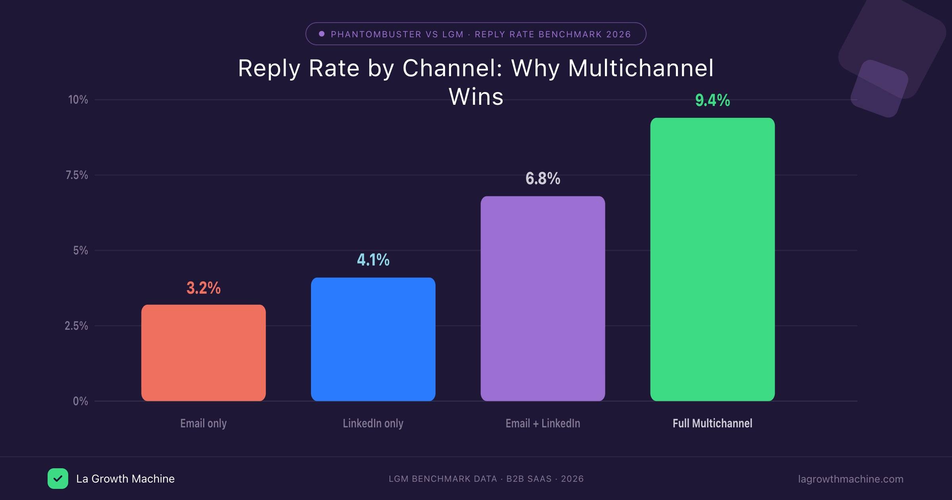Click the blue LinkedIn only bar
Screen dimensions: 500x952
(x=373, y=339)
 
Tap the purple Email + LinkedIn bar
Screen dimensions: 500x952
(x=543, y=298)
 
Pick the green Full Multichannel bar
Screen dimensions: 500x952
(x=712, y=259)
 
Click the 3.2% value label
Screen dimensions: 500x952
(x=203, y=288)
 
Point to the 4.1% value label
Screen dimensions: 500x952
(x=373, y=260)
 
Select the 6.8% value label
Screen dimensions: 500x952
(x=543, y=179)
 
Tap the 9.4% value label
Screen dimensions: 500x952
(x=712, y=100)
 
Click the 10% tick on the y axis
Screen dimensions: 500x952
(x=78, y=100)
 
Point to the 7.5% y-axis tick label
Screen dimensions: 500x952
(x=77, y=175)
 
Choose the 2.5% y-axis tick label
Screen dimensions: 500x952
(x=77, y=326)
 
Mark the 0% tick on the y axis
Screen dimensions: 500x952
(x=81, y=401)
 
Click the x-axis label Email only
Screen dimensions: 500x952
(x=203, y=423)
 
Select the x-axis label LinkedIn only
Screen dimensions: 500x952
(x=373, y=423)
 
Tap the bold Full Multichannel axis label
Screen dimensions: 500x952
(x=712, y=423)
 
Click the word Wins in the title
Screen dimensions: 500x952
(x=476, y=96)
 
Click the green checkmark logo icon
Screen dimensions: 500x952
(x=58, y=479)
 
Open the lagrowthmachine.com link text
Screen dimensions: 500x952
(x=850, y=479)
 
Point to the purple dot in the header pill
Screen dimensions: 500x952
(x=322, y=34)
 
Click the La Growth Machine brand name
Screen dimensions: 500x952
(x=125, y=479)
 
